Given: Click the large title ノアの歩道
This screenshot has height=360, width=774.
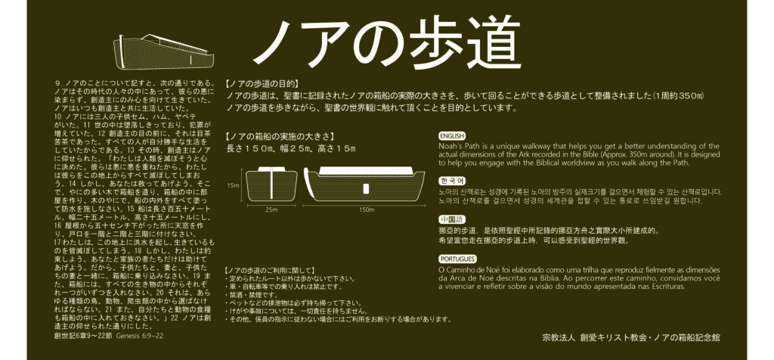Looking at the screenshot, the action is coord(386,43).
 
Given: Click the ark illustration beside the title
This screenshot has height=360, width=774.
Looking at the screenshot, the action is coord(164,52).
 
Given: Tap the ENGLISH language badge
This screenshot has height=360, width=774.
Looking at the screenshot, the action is coord(452,136).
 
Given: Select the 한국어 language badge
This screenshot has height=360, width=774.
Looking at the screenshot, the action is coord(452,181).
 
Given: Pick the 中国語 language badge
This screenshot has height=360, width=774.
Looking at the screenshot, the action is coord(452,220).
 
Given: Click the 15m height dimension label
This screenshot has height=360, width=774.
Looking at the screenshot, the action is coord(233,186).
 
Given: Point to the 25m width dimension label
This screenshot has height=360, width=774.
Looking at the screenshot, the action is coord(271,210).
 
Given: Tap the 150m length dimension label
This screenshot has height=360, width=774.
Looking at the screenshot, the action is coord(367,210).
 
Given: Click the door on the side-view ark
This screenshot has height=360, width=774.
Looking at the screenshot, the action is coord(366,188).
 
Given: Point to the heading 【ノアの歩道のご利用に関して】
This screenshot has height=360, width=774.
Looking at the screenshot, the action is coord(269,271).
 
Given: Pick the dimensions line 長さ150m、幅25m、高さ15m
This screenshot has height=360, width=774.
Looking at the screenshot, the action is coord(291,148).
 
